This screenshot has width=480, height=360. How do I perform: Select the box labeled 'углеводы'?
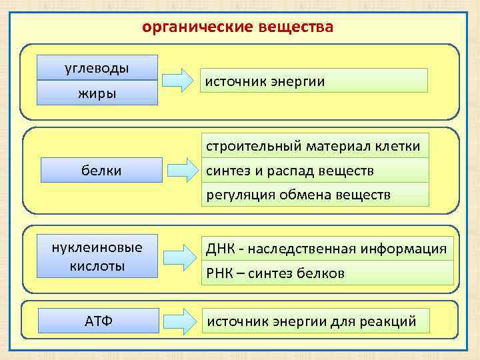97,68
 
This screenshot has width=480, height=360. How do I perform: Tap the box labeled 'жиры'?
97,93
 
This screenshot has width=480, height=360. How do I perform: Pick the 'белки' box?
101,171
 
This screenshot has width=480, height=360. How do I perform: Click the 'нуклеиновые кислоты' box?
97,257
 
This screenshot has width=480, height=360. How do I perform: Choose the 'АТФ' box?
99,321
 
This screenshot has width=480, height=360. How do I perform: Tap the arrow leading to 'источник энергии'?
179,80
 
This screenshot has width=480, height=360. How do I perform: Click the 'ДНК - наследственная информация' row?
327,249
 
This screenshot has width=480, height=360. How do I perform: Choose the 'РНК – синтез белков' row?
327,273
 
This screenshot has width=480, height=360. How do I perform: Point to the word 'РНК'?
221,273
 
